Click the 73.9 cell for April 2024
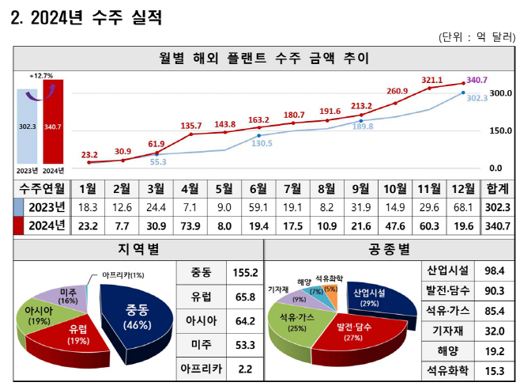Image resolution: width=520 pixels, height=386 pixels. click(190, 226)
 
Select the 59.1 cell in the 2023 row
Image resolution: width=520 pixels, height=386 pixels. click(258, 207)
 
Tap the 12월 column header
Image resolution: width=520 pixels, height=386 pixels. click(463, 189)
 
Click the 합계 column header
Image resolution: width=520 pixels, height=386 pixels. click(497, 189)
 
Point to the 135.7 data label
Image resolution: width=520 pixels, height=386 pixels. click(191, 126)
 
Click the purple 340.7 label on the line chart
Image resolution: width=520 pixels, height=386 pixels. click(477, 80)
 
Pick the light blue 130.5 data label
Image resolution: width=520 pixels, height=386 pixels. click(262, 143)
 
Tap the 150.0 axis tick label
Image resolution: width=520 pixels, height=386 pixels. click(501, 131)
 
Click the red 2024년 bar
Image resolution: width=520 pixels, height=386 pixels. click(53, 122)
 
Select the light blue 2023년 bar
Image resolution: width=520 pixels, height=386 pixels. click(27, 126)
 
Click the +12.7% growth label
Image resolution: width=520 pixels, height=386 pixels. click(41, 76)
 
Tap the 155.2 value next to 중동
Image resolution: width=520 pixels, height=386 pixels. click(245, 273)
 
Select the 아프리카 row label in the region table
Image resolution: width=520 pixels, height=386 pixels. click(202, 369)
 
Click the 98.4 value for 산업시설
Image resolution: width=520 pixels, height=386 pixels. click(495, 271)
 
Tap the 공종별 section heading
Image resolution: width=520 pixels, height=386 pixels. click(390, 249)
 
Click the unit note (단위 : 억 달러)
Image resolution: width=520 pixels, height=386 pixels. click(477, 37)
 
